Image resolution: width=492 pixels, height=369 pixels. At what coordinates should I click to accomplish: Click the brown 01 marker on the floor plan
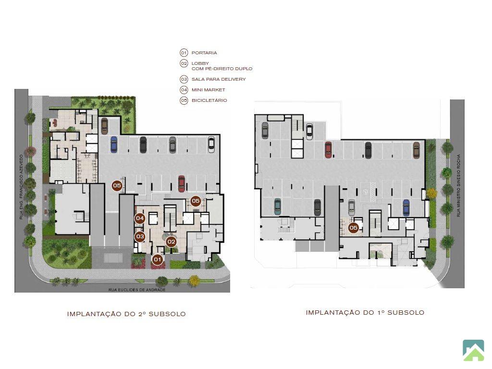pos(157,259)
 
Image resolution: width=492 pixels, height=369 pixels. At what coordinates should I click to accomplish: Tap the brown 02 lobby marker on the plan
pos(171,242)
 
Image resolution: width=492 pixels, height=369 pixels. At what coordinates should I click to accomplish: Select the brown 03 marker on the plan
pos(140,236)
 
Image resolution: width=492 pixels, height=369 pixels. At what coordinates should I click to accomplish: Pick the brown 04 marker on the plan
pos(140,218)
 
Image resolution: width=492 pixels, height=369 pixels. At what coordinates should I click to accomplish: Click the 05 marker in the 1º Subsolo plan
pos(353,228)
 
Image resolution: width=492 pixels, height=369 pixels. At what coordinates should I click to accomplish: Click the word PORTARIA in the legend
pos(204,53)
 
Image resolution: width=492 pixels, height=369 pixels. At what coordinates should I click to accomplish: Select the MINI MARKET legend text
pos(209,90)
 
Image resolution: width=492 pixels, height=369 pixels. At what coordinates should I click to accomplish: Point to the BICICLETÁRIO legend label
pos(209,100)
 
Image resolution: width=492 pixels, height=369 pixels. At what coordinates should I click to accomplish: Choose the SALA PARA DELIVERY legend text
pos(219,79)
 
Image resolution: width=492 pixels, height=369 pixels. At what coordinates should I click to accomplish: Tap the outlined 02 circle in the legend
pos(184,63)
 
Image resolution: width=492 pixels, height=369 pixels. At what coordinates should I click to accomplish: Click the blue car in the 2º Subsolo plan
pos(113,144)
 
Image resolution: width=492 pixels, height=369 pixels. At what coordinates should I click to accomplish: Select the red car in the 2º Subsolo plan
pos(181,184)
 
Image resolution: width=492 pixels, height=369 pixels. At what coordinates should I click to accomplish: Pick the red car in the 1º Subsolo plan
pos(328,150)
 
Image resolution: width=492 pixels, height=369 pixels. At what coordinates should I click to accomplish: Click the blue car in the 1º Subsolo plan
pos(406,208)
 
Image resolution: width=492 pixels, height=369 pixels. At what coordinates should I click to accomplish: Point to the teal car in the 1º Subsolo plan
pos(277,207)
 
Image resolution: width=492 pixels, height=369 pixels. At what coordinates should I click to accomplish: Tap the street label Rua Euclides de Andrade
pos(137,290)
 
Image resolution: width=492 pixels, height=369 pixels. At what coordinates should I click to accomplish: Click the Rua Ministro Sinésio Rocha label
pos(458,185)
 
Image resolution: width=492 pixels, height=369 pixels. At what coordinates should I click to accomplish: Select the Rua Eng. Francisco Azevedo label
pos(21,187)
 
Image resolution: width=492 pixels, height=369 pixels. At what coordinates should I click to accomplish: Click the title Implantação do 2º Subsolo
pos(126,314)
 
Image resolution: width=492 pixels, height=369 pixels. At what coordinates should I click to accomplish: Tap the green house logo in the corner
pos(473,350)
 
